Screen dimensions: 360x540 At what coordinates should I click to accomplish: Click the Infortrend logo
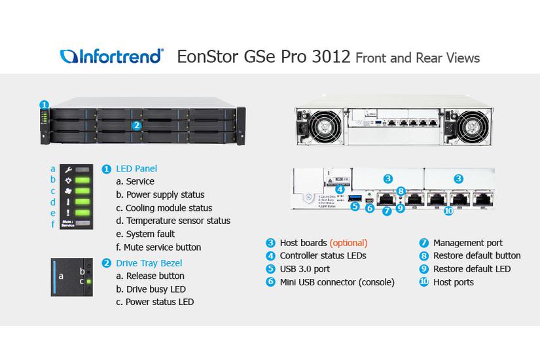[x=112, y=56]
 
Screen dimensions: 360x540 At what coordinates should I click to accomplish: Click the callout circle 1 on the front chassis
[x=44, y=105]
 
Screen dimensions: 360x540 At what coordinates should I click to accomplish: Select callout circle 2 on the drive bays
[x=137, y=126]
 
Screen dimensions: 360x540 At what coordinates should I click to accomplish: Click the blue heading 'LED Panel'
[x=136, y=168]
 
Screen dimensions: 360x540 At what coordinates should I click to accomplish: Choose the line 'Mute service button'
[x=163, y=247]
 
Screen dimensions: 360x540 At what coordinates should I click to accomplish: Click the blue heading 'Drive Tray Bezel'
[x=151, y=262]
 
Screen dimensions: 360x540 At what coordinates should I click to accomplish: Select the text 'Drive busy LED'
[x=156, y=289]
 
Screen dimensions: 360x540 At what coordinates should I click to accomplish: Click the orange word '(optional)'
[x=348, y=242]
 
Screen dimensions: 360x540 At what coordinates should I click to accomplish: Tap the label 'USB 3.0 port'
[x=304, y=268]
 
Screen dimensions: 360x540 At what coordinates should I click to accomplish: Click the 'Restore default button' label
[x=477, y=255]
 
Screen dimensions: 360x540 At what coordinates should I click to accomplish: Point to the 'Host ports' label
[x=453, y=282]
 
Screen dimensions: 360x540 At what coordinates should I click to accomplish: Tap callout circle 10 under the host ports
[x=448, y=210]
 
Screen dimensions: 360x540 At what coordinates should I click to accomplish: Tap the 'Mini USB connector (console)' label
[x=336, y=282]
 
